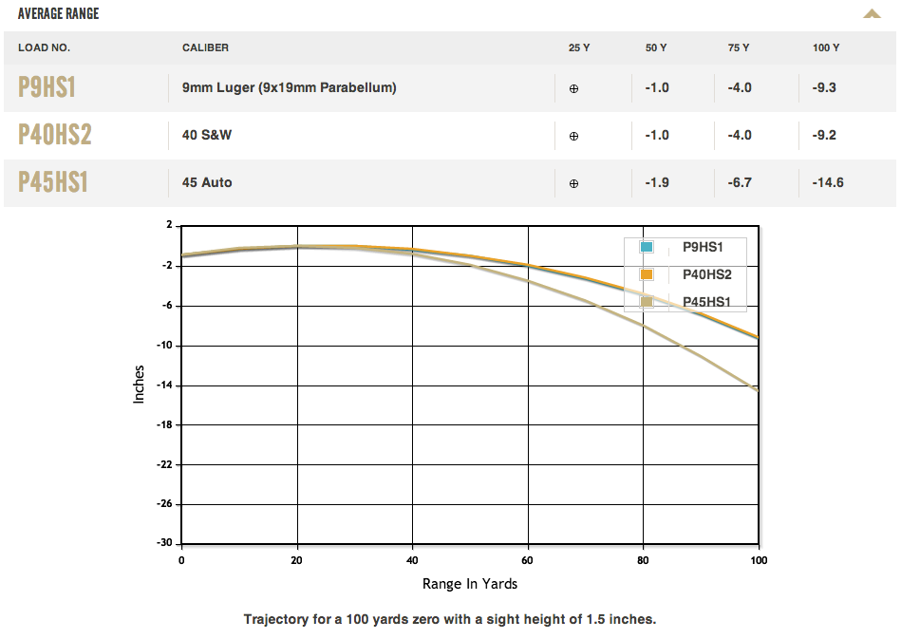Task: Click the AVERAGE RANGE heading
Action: coord(58,14)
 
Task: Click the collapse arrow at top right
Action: coord(872,14)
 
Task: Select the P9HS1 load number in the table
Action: coord(47,87)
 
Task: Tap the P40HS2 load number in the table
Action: coord(55,135)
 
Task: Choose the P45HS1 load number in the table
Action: coord(53,182)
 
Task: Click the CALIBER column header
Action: coord(205,47)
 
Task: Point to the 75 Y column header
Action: coord(739,47)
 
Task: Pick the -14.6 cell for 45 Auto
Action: coord(828,182)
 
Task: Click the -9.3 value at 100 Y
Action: coord(824,87)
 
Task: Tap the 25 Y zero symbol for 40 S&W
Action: coord(573,136)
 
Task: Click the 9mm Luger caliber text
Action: coord(289,87)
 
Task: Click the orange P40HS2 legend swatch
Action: coord(647,274)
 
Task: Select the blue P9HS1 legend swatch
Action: coord(647,248)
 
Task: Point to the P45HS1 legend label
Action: coord(707,302)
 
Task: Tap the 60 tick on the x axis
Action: coord(528,560)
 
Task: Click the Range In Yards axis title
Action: coord(470,583)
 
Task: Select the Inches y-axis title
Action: coord(140,385)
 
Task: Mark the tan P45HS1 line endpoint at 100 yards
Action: coord(758,390)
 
